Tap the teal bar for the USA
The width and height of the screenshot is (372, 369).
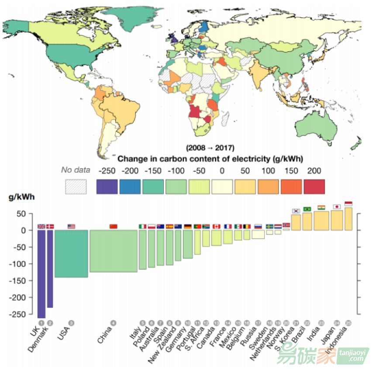coord(71,254)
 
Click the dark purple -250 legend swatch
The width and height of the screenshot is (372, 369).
coord(107,187)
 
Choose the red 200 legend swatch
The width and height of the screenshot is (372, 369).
coord(314,187)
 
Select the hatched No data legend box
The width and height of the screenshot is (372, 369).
coord(76,187)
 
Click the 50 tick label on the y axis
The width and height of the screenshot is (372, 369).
coord(26,214)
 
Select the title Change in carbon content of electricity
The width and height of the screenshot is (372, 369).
coord(210,157)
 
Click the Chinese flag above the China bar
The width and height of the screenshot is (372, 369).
coord(114,226)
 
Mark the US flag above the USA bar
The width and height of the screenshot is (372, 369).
coord(71,226)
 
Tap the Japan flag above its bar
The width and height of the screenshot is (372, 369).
coord(337,206)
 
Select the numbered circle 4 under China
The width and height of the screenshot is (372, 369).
coord(114,323)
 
